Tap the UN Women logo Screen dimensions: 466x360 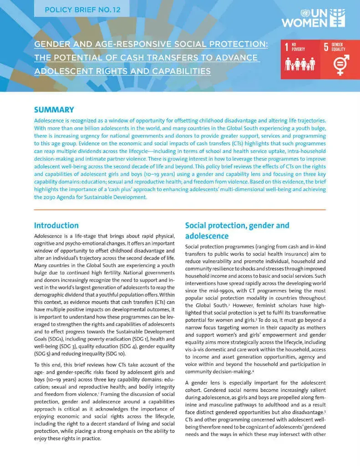pyautogui.click(x=313, y=17)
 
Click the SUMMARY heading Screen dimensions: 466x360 pyautogui.click(x=54, y=110)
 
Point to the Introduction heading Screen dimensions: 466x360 pyautogui.click(x=56, y=225)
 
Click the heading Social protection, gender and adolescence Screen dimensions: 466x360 pyautogui.click(x=237, y=230)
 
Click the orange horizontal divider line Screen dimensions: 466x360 pyautogui.click(x=180, y=209)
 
